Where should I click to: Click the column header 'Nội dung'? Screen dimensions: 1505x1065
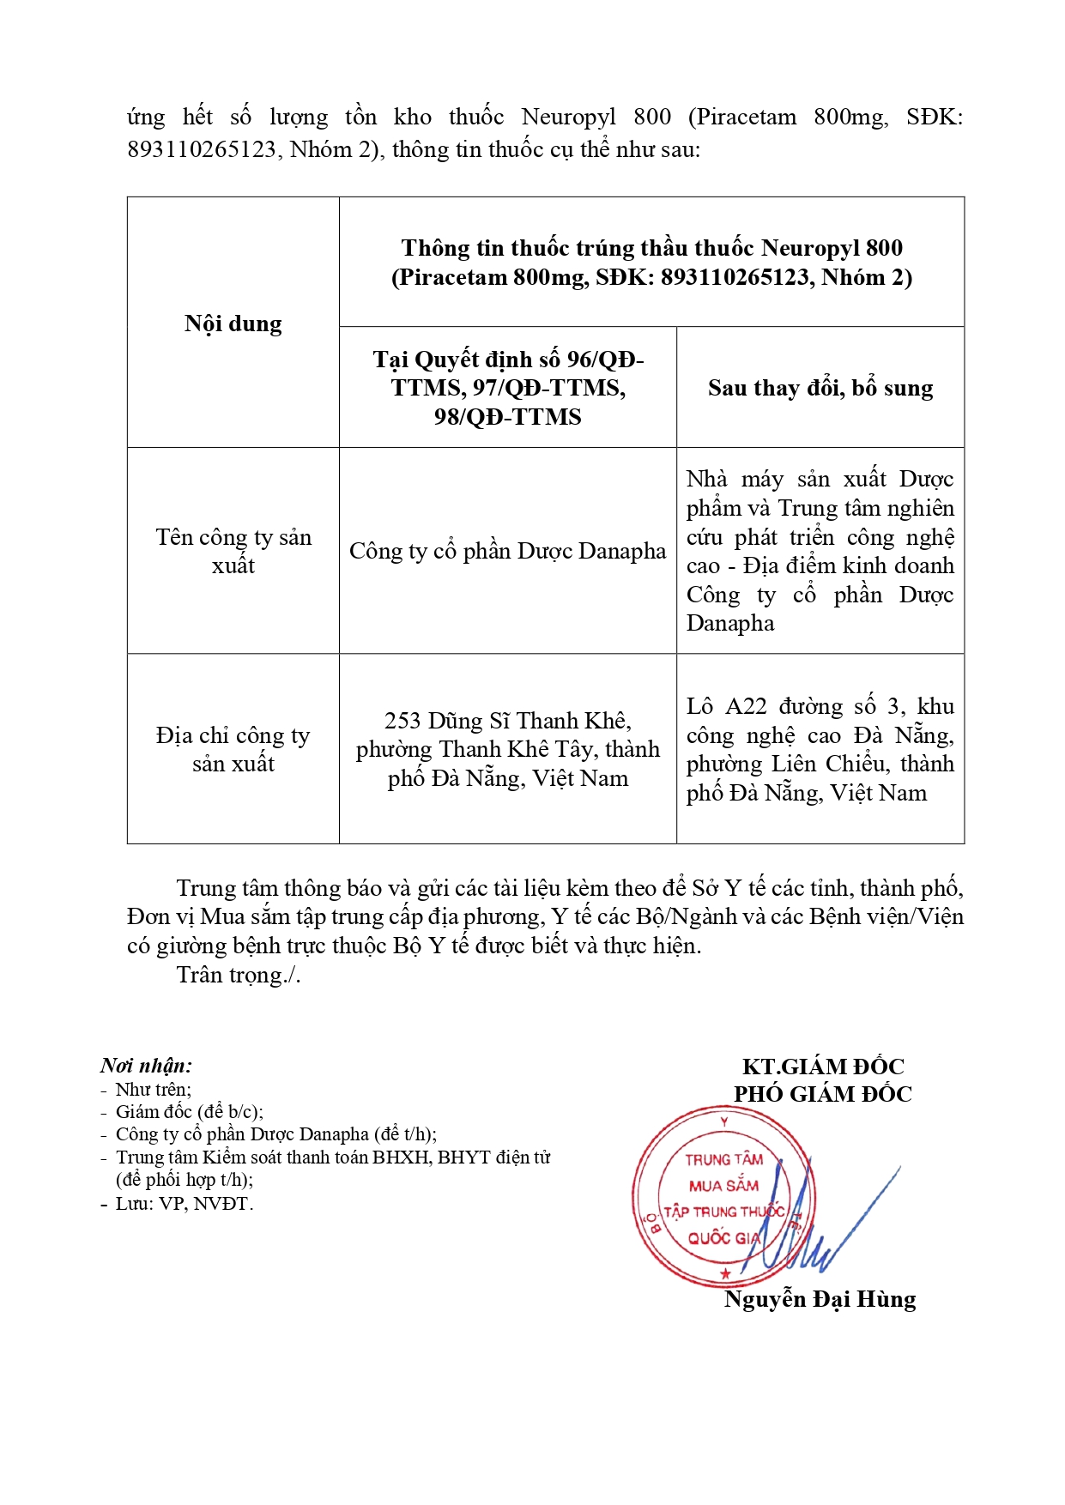233,323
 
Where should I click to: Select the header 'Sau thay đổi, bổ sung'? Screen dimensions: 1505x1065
820,388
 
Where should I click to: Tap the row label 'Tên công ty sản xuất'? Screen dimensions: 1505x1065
233,551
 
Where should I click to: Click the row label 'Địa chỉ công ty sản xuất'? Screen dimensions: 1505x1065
233,749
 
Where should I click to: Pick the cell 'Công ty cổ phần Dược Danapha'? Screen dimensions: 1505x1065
507,551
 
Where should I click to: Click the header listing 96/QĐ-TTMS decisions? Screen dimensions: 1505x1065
507,388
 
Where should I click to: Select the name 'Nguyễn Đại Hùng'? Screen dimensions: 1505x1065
820,1299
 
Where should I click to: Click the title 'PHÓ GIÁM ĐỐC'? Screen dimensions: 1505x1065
822,1094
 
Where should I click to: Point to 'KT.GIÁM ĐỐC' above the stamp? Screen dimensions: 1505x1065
822,1067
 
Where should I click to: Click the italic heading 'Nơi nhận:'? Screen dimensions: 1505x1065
146,1066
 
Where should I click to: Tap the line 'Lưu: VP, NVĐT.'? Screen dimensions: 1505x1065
185,1204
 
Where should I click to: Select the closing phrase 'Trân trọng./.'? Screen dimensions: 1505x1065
238,975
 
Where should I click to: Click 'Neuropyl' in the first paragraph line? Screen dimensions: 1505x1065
568,117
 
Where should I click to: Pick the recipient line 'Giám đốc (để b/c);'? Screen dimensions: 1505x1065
189,1112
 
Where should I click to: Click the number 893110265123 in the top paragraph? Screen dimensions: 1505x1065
202,149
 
